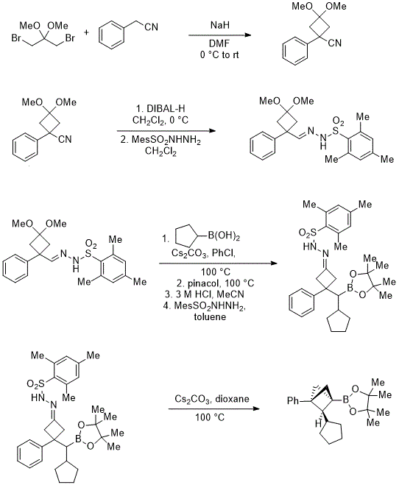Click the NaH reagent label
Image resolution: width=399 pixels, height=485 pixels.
(x=220, y=25)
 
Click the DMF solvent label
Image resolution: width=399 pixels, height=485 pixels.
(x=219, y=44)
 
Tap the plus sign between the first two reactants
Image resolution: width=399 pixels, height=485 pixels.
(x=86, y=32)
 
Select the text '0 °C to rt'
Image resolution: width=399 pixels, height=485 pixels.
(x=219, y=54)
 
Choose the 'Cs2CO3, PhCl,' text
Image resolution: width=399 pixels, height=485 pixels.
(x=203, y=254)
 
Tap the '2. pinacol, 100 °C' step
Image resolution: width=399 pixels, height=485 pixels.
(x=215, y=283)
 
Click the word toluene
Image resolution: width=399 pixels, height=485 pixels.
(x=210, y=316)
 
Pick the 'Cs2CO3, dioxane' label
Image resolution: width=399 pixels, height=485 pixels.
(x=212, y=399)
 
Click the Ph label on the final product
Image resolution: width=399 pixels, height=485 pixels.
(x=293, y=401)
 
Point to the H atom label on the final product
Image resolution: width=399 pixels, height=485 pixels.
(x=318, y=424)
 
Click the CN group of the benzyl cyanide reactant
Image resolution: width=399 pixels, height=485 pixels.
(x=152, y=27)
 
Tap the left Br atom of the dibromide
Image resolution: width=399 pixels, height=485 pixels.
(x=15, y=38)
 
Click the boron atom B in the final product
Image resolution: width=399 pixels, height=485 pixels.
(x=346, y=401)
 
